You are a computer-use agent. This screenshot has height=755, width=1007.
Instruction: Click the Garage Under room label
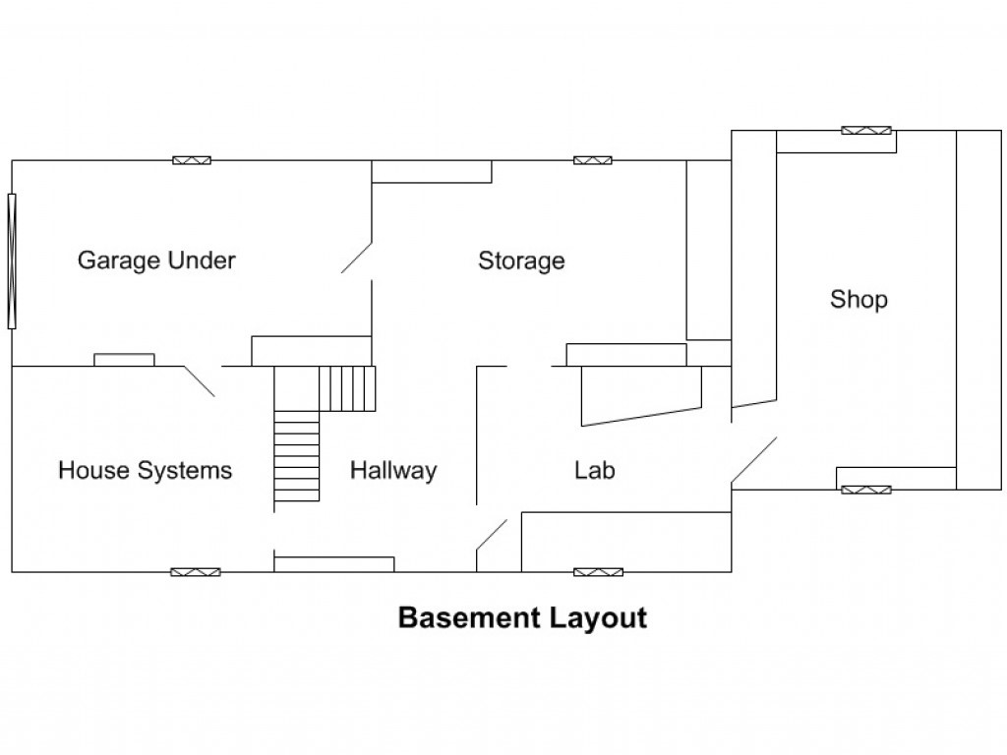pos(156,261)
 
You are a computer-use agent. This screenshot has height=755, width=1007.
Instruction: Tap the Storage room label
pos(521,261)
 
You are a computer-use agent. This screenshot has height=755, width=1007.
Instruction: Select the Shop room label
pos(859,300)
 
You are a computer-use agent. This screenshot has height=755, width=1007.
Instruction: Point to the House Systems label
pos(146,471)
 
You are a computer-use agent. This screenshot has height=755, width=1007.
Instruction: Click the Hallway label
pos(393,471)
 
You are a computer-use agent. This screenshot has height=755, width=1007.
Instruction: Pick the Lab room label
pos(595,471)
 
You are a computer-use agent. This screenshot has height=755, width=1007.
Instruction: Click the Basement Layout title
pos(523,617)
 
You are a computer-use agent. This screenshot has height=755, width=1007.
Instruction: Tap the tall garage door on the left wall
pos(12,261)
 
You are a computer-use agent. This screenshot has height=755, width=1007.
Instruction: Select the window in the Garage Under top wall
pos(192,160)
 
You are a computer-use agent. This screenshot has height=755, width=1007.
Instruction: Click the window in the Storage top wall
pos(593,160)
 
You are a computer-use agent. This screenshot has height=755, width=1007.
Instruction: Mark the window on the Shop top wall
pos(866,131)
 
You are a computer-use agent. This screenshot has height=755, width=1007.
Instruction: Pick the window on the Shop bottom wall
pos(866,490)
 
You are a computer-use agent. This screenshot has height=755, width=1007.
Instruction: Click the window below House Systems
pos(196,572)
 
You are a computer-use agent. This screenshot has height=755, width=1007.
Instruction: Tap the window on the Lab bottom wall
pos(599,572)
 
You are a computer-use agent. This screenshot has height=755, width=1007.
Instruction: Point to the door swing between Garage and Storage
pos(356,259)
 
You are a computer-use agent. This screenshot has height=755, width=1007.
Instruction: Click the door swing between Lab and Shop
pos(754,460)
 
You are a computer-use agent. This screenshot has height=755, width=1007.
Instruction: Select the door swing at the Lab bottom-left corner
pos(492,535)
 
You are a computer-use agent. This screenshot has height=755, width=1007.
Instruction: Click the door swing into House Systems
pos(199,381)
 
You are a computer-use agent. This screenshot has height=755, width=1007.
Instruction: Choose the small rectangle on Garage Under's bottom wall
pos(125,360)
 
